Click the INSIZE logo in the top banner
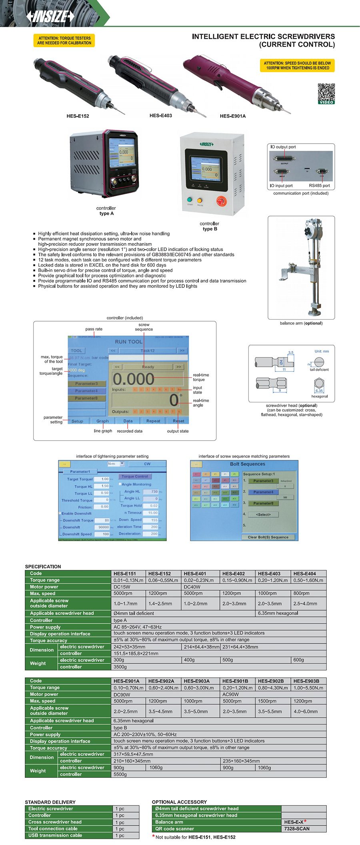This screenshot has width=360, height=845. coord(50,16)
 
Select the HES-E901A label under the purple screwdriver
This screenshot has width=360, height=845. coord(232,116)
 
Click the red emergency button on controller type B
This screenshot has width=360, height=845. coord(221,201)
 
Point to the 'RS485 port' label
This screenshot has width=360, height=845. coord(319,186)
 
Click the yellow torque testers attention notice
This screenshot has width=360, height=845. coord(64,40)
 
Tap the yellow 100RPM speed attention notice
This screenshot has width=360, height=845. coord(297,66)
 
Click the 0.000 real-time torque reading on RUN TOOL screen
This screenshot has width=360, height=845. coord(133,379)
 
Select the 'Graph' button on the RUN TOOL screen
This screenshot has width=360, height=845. coord(102,421)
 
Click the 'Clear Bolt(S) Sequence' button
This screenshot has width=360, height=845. coord(268,537)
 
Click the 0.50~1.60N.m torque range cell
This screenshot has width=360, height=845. coord(308,580)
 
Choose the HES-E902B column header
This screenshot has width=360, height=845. coord(271,681)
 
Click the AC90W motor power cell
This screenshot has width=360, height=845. coord(230,694)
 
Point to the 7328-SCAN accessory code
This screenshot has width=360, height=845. coord(297,829)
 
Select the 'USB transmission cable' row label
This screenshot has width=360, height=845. coord(55,835)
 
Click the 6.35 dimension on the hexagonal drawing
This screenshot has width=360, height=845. coord(319,391)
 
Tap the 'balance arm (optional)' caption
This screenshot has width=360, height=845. coord(301,323)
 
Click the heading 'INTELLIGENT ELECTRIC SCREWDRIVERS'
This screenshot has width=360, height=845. coord(263,36)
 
